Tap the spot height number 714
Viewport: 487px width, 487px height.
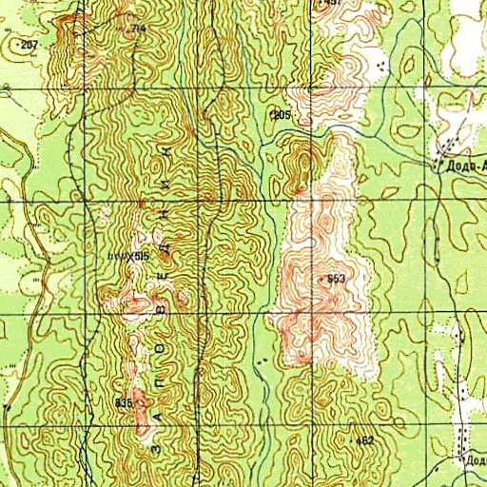[x=139, y=29]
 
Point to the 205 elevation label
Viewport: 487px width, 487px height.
[x=281, y=114]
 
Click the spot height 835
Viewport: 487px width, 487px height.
[x=123, y=403]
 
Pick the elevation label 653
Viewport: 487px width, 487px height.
[x=336, y=279]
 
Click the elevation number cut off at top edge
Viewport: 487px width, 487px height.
[x=332, y=4]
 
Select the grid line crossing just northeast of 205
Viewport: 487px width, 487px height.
[x=311, y=90]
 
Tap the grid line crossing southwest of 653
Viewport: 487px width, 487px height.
[x=311, y=314]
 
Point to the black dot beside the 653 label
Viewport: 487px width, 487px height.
[x=324, y=279]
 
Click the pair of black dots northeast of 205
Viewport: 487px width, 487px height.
[x=383, y=65]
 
